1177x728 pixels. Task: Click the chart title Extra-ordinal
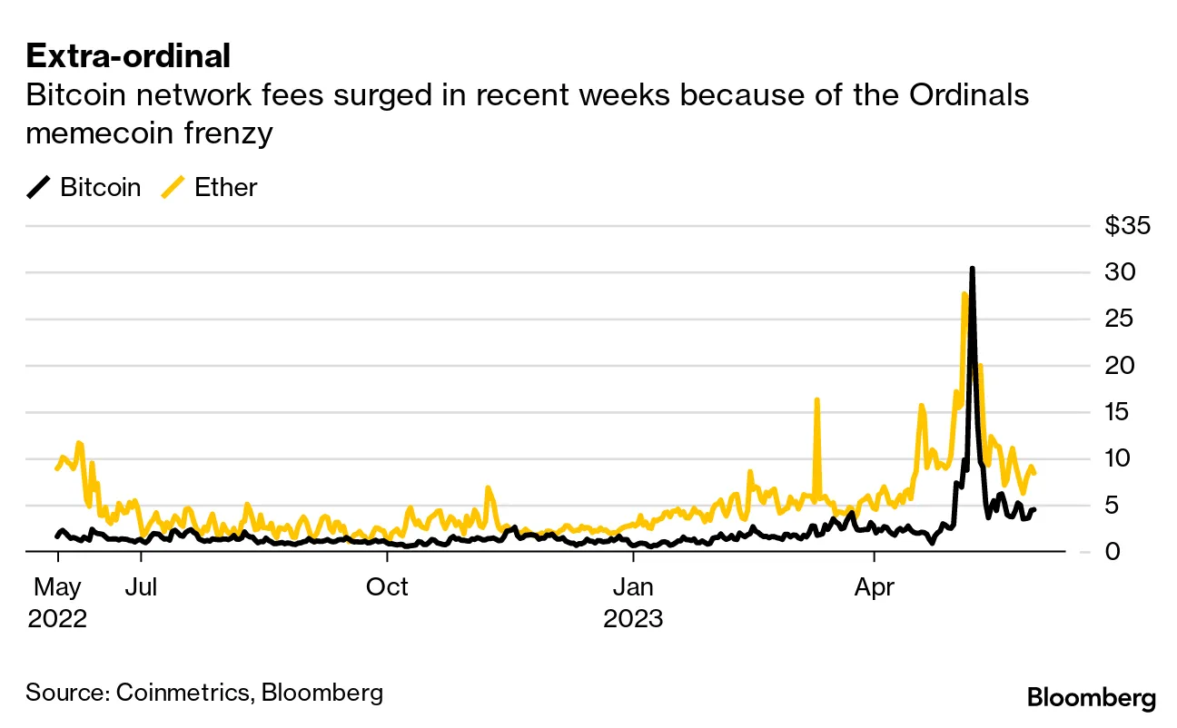pos(128,56)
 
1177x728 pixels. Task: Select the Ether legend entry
pos(225,188)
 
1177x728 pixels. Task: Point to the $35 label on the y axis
pos(1127,226)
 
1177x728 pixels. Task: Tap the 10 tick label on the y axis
pos(1120,458)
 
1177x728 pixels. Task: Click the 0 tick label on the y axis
pos(1113,552)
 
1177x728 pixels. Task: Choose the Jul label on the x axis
pos(141,587)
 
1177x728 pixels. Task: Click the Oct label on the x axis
pos(387,587)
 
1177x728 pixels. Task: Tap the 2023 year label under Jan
pos(634,619)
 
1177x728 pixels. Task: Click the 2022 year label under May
pos(57,619)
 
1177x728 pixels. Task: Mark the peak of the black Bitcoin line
pos(972,270)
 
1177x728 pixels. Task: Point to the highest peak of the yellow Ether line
pos(963,293)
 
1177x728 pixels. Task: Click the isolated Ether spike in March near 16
pos(816,400)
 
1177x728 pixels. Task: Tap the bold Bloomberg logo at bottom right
pos(1091,698)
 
